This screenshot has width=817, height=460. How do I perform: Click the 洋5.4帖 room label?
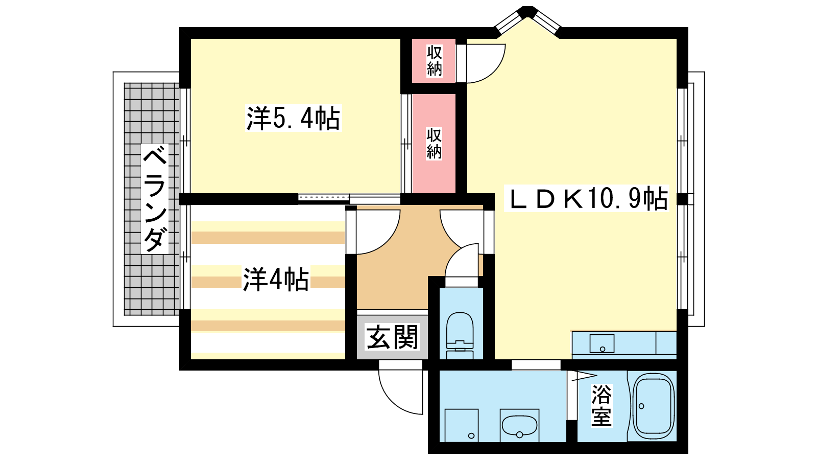tap(294, 118)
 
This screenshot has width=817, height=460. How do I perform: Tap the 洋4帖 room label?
tap(276, 279)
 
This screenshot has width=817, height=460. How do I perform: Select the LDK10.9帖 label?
tap(587, 198)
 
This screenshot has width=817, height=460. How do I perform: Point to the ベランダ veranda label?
tap(155, 199)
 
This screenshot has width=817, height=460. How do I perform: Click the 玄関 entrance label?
tap(392, 337)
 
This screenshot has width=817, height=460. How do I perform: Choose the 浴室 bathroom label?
tap(602, 405)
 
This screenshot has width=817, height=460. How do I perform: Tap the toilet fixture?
tap(460, 336)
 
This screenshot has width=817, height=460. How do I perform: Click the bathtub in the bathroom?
tap(653, 406)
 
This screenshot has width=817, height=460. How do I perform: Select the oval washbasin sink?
tap(519, 426)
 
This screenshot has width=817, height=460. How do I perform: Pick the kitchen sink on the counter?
tap(602, 343)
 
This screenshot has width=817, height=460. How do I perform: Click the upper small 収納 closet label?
tap(434, 61)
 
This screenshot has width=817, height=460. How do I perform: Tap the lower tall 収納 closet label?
tap(434, 144)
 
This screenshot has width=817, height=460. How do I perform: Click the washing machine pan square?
tap(462, 425)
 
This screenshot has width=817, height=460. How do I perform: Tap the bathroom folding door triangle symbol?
tap(583, 376)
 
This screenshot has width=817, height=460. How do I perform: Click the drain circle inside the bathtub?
tap(641, 406)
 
